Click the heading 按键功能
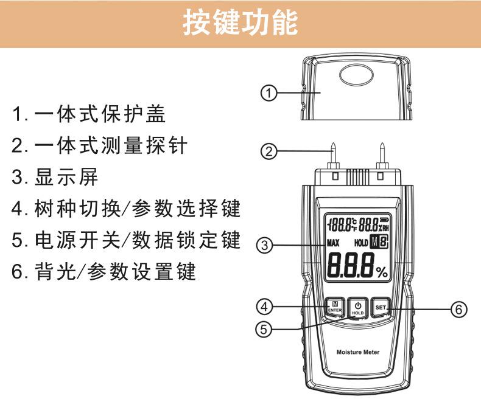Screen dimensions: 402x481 [x=240, y=24]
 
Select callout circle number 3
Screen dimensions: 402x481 [x=264, y=246]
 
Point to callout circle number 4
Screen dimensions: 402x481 [x=263, y=303]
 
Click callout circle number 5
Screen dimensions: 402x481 [x=263, y=329]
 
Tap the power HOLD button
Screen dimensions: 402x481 [x=357, y=308]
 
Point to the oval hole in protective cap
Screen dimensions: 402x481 [x=357, y=74]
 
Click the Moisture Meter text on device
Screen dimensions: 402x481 [x=357, y=352]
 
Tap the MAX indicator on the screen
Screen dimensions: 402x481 [x=332, y=243]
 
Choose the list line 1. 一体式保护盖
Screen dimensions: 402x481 [x=89, y=113]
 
